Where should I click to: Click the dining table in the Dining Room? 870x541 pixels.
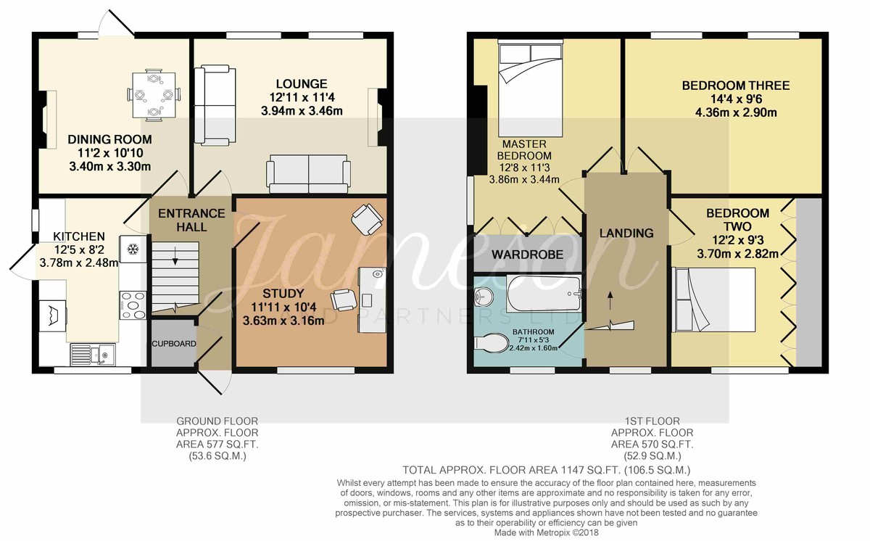154,95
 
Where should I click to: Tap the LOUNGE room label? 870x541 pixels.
302,84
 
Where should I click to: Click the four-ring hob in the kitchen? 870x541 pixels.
133,305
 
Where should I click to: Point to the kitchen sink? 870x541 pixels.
93,355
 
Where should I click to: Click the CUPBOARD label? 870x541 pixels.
174,344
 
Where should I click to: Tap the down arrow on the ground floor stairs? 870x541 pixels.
175,256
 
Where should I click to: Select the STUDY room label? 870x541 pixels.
283,294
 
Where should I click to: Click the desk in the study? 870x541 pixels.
372,300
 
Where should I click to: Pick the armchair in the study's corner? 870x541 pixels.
367,220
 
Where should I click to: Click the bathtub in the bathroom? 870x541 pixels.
544,293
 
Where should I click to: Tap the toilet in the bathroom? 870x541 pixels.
492,343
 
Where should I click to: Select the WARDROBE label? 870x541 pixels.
527,255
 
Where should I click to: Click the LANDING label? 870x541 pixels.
626,233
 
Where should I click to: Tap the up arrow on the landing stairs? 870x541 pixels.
610,301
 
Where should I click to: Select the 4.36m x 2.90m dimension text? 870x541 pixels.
736,112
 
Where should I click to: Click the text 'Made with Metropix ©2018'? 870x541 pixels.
546,532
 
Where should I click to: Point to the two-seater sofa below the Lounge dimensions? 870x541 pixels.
308,173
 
